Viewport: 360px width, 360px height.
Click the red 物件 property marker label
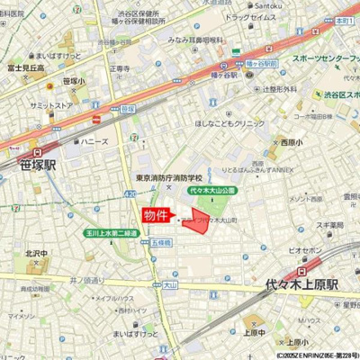158,216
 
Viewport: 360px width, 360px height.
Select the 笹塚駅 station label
37,164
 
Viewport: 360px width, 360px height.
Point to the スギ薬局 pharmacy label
330,224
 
